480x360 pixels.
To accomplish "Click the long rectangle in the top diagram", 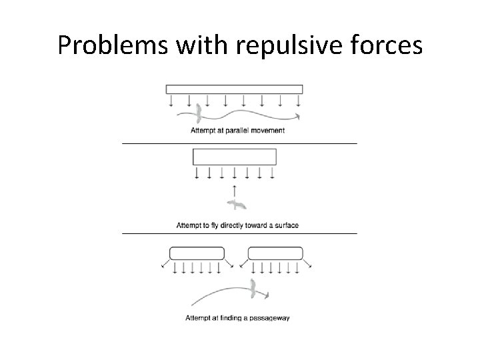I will [x=234, y=89].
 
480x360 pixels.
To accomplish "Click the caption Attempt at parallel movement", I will [x=237, y=130].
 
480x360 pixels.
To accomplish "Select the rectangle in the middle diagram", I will [x=234, y=157].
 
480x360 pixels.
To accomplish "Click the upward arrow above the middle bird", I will [x=234, y=191].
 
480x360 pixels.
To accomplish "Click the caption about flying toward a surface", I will [x=237, y=225].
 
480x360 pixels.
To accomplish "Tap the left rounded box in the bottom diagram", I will [x=197, y=253].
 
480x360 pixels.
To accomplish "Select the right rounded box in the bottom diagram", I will [x=275, y=253].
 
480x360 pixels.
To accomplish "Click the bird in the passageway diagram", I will [x=254, y=287].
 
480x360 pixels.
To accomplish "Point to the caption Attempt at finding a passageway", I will [x=237, y=317].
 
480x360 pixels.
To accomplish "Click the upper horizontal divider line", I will [x=239, y=143].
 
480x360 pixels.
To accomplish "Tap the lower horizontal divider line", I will [x=239, y=233].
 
